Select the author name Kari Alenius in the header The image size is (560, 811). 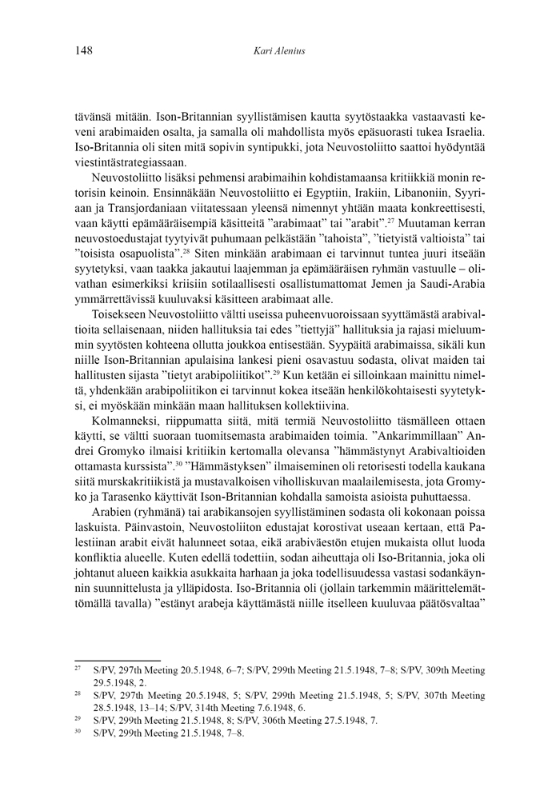(x=279, y=52)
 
